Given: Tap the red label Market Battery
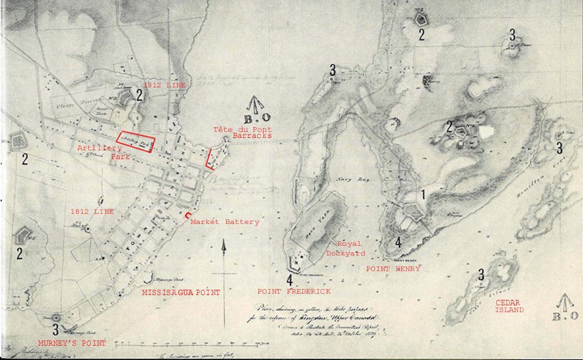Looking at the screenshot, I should tap(225, 222).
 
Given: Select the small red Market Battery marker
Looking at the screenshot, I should tap(188, 216).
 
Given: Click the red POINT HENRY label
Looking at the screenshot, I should tap(393, 269).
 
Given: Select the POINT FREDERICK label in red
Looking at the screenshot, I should tap(294, 291).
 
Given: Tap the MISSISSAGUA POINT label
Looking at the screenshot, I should tap(180, 292).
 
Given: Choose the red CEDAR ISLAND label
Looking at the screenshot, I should tap(509, 305).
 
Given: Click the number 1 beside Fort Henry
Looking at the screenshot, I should tap(424, 194).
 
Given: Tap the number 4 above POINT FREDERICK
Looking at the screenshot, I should tap(290, 279).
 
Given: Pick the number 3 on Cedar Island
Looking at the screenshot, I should tap(481, 274).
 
